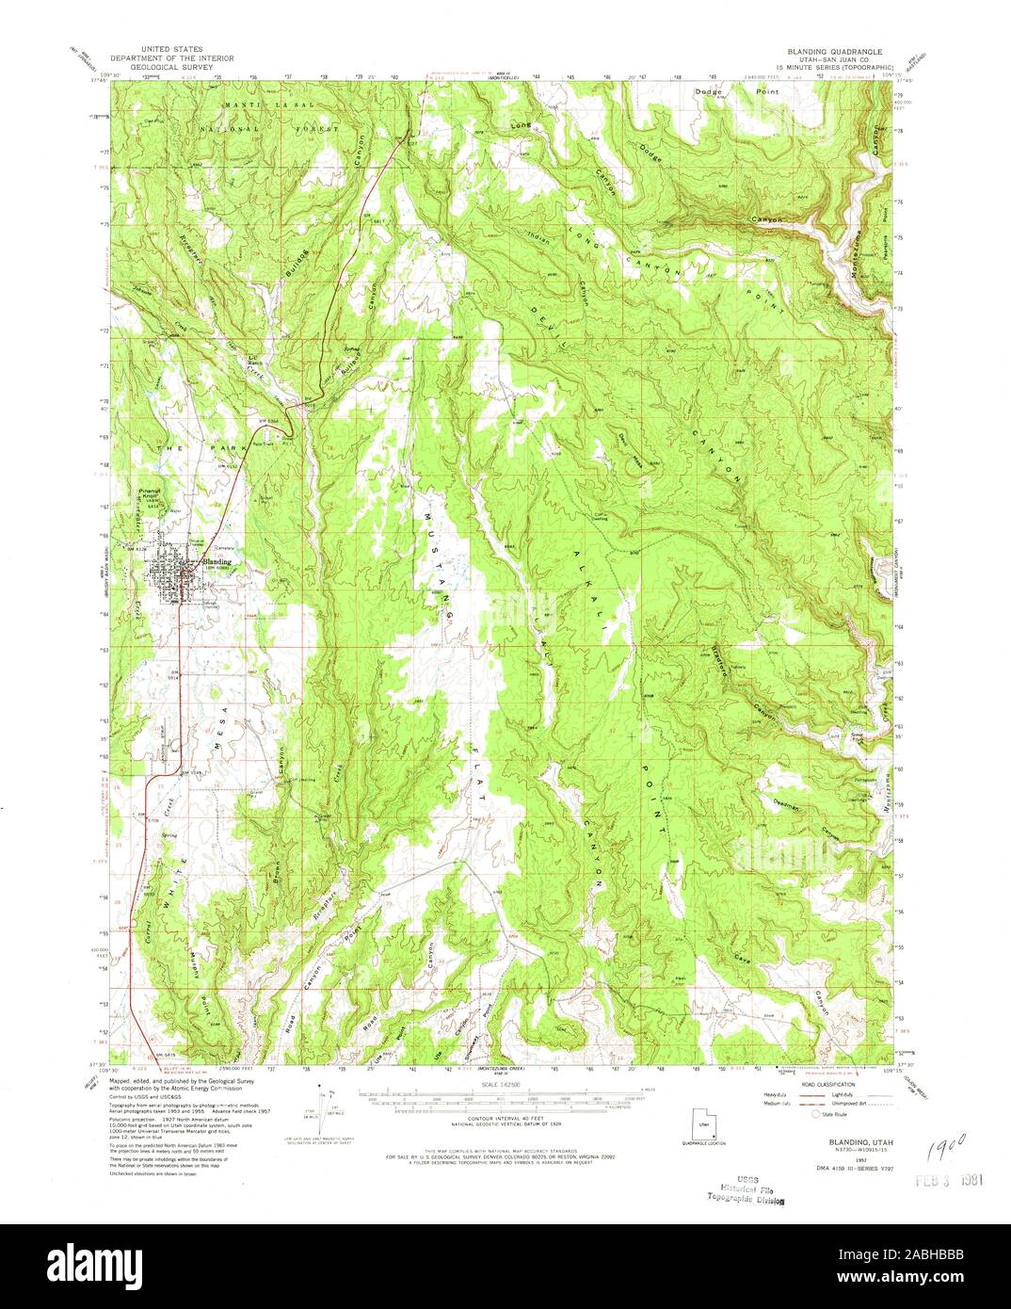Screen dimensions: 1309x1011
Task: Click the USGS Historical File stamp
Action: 749,1189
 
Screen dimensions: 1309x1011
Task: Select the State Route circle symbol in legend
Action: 818,1113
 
